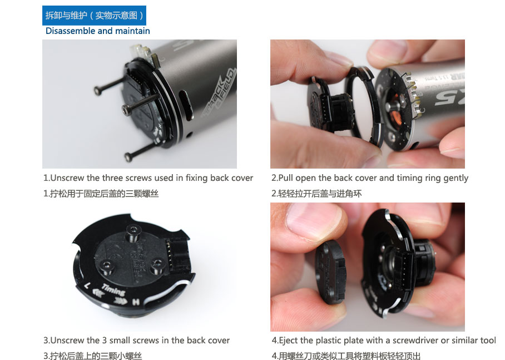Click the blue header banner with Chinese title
tap(94, 16)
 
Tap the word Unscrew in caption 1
tap(67, 178)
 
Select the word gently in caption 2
tap(456, 179)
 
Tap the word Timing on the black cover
tap(113, 289)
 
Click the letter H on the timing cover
tap(136, 302)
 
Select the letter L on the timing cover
tap(87, 285)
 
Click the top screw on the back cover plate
tap(133, 231)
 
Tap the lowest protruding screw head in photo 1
tap(128, 157)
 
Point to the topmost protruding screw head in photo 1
tap(98, 91)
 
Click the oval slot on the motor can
tap(186, 106)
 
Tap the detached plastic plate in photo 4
tap(331, 273)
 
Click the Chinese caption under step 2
tap(316, 194)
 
